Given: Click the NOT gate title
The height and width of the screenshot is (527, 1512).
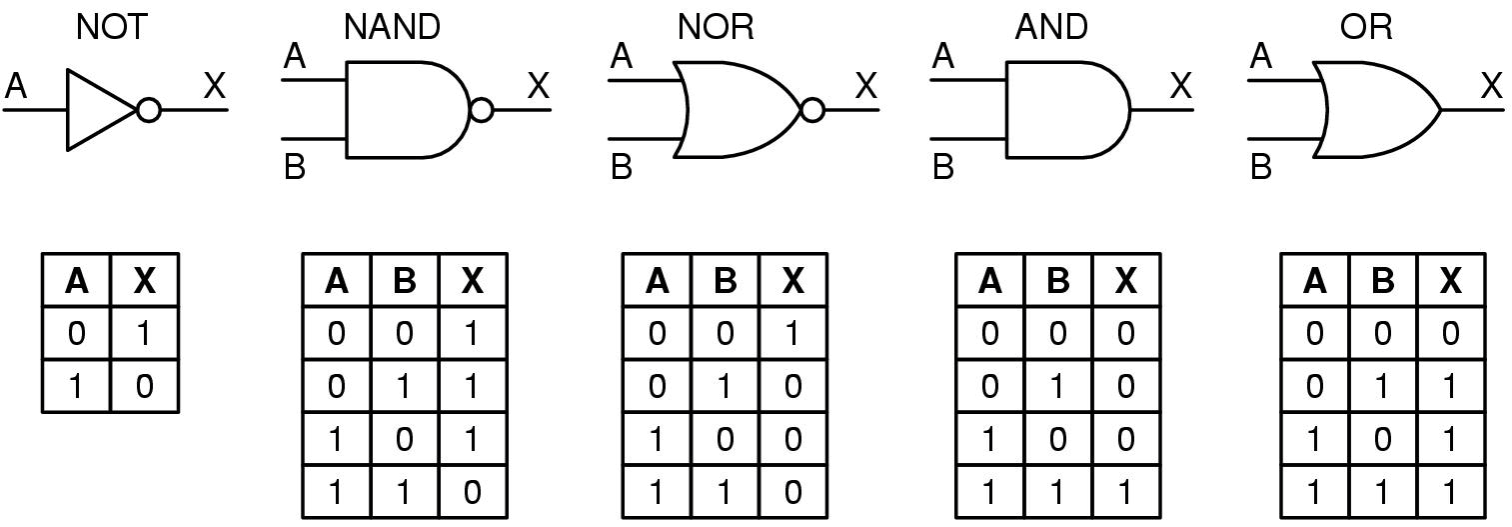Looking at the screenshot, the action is [x=111, y=27].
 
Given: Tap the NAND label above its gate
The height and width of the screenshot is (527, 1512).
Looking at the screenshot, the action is [x=392, y=27].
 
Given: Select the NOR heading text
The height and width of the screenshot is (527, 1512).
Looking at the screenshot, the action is [x=716, y=27].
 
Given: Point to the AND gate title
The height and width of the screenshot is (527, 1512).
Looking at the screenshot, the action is [x=1051, y=27].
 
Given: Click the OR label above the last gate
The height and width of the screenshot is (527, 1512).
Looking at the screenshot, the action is [x=1366, y=27].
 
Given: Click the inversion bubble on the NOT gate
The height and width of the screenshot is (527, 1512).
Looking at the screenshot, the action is [x=149, y=109].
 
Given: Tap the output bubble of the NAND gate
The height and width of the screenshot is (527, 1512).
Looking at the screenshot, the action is [x=482, y=109].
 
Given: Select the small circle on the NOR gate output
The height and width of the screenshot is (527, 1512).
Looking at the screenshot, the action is [x=812, y=109].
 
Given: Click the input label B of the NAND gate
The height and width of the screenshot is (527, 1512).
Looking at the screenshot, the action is [x=295, y=166].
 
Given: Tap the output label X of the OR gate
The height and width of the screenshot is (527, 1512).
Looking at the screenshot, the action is [x=1492, y=86].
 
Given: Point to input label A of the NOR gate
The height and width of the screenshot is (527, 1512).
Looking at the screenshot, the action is [x=621, y=56].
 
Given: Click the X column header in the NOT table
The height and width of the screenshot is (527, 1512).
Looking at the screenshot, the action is [x=145, y=280].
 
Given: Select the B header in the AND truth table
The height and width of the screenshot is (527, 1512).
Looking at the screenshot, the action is [x=1057, y=280].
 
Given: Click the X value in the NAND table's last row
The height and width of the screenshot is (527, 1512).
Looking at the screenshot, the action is [x=472, y=493].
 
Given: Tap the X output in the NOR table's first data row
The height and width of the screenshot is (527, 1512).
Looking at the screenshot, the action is [x=792, y=333].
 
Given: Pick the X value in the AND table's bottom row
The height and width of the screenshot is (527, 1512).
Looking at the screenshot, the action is [x=1125, y=493].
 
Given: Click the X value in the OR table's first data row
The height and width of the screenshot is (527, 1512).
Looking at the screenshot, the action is [x=1451, y=333].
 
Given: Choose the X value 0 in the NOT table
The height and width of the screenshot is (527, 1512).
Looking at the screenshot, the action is [x=145, y=386].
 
